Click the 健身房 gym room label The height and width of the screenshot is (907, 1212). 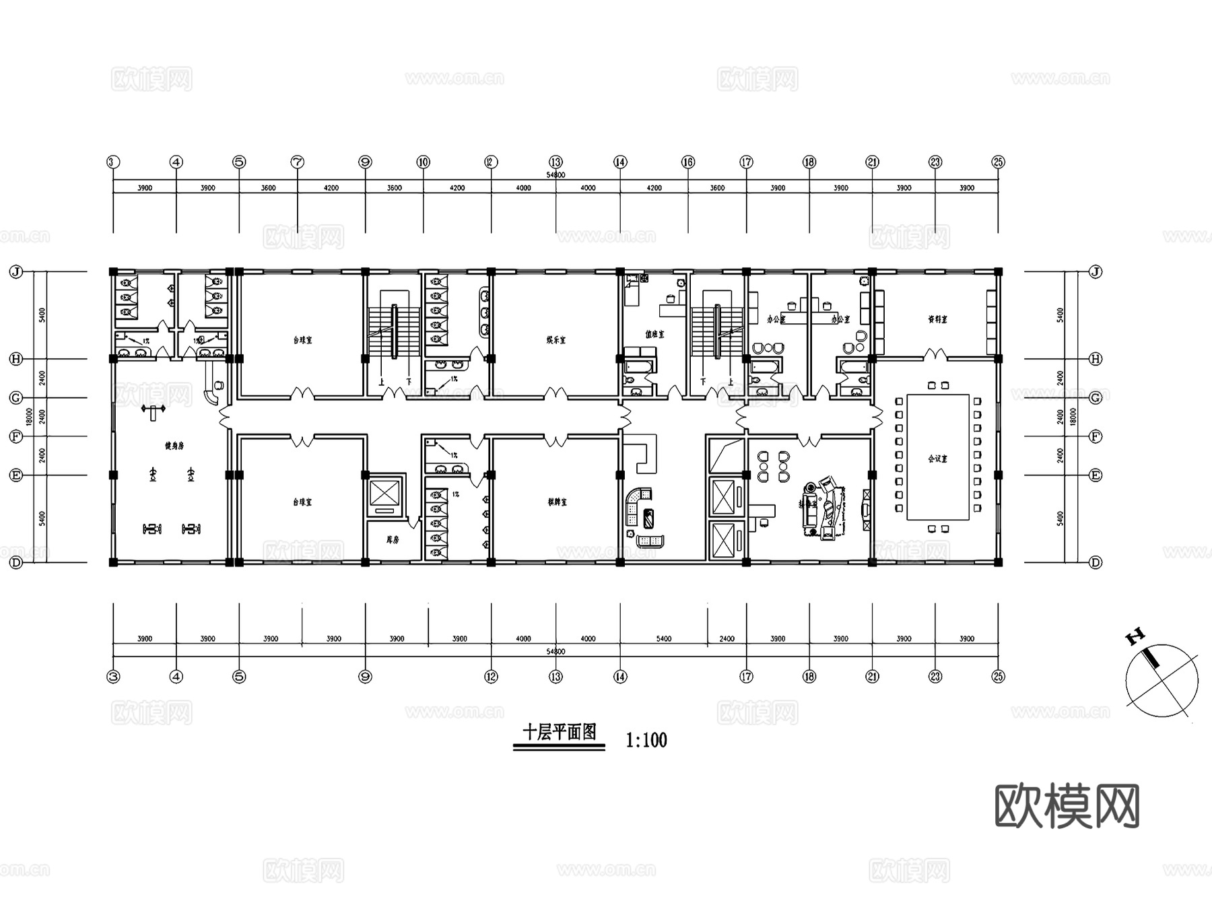174,446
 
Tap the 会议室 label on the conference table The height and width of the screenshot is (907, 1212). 937,459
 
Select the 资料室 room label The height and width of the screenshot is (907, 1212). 937,320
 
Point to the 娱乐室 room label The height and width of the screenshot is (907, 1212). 555,340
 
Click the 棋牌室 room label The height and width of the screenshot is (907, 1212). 557,502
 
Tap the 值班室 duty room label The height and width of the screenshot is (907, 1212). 654,334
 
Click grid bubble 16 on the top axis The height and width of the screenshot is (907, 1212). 688,162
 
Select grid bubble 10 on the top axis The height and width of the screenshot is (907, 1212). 423,162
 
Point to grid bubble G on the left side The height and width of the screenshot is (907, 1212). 16,398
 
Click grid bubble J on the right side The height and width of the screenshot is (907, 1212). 1096,272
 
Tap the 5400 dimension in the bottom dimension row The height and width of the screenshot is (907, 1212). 663,638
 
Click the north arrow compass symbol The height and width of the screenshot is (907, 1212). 1161,679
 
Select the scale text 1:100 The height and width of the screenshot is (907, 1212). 646,741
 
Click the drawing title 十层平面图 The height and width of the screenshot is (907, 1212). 560,733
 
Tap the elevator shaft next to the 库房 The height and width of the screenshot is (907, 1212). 385,494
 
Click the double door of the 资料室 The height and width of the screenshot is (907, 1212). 932,354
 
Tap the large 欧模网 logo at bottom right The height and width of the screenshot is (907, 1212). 1067,806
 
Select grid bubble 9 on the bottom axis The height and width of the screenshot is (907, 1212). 365,677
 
